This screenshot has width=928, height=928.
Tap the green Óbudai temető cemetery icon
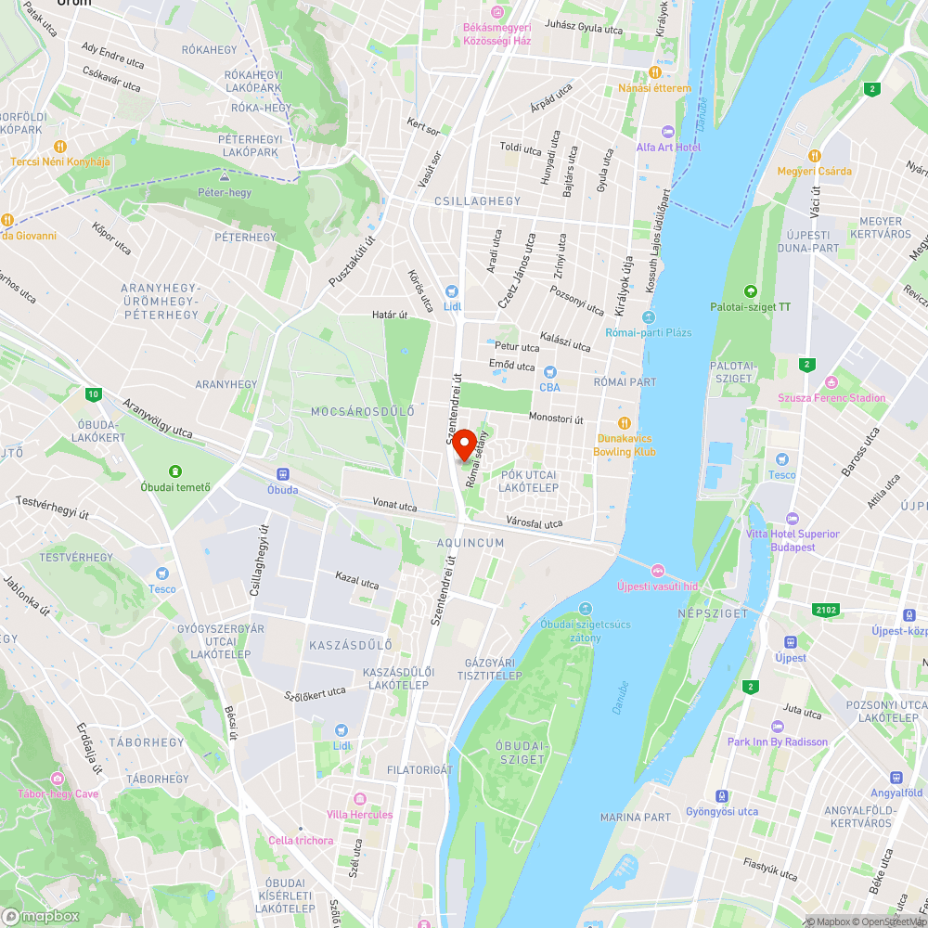click(x=175, y=471)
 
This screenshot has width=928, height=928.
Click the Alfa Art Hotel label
click(x=668, y=148)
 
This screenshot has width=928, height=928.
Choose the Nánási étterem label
click(x=655, y=88)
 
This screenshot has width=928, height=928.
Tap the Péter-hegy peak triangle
click(x=225, y=176)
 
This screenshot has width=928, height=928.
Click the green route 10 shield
click(x=93, y=394)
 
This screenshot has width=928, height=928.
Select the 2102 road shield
click(x=828, y=610)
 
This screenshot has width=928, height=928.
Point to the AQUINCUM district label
click(x=470, y=543)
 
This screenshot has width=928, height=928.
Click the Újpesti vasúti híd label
click(x=657, y=586)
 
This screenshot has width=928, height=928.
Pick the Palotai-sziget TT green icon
click(x=751, y=291)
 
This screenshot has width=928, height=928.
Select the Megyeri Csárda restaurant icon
click(x=814, y=156)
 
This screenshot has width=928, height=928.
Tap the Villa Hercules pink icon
click(x=360, y=799)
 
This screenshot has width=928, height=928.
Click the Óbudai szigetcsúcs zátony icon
click(x=585, y=609)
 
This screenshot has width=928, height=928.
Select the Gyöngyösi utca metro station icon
click(x=721, y=796)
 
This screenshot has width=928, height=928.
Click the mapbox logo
click(x=41, y=916)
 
